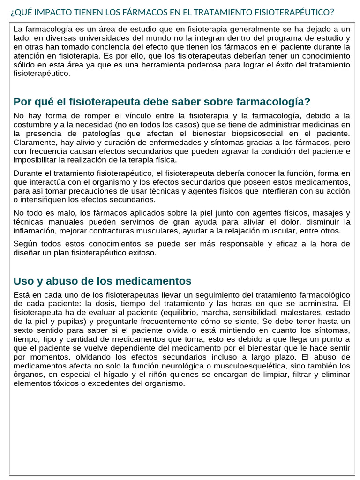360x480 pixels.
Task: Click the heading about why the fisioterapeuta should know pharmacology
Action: pos(162,102)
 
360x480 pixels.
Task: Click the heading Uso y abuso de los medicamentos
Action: pos(102,281)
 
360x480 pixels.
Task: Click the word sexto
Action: pos(24,330)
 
